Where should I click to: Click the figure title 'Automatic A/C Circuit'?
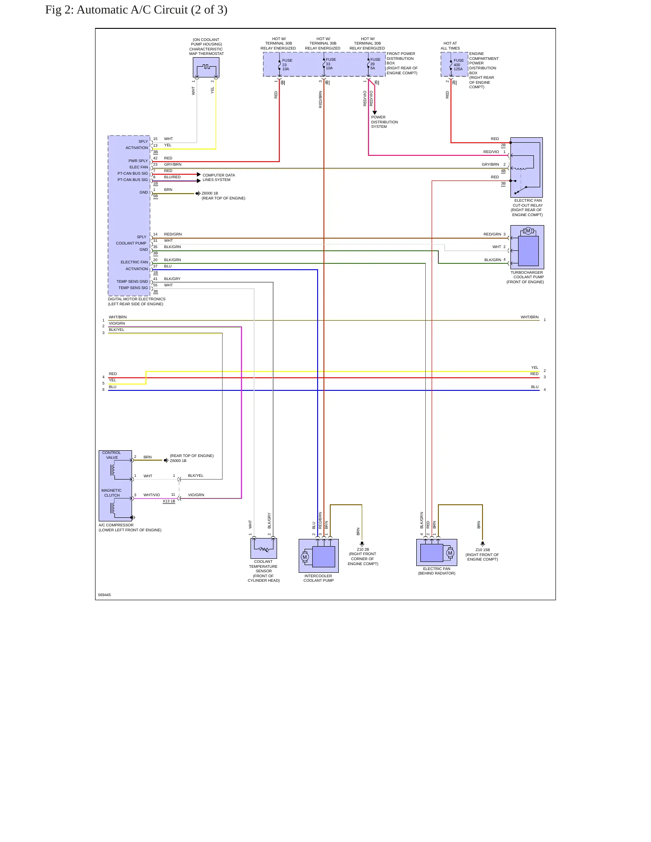click(132, 10)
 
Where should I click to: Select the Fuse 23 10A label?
click(287, 65)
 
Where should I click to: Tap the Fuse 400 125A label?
click(458, 65)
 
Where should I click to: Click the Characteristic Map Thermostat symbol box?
click(206, 68)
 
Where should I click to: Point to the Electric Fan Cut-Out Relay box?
click(526, 167)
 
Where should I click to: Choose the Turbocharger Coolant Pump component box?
click(527, 247)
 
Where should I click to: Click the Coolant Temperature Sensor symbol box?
click(264, 548)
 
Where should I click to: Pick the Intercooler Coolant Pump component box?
click(319, 556)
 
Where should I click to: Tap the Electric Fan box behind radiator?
click(437, 552)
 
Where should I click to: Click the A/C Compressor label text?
click(116, 525)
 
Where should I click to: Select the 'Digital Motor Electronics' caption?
click(137, 299)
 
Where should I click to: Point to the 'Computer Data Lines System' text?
click(219, 177)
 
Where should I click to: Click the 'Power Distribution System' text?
click(384, 122)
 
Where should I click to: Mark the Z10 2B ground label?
click(363, 549)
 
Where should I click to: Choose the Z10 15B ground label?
click(483, 550)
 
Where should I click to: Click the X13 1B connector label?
click(169, 501)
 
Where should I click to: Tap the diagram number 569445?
click(105, 595)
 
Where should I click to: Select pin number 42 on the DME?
click(155, 158)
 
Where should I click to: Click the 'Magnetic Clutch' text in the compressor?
click(112, 493)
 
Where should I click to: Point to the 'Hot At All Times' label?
click(450, 46)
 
